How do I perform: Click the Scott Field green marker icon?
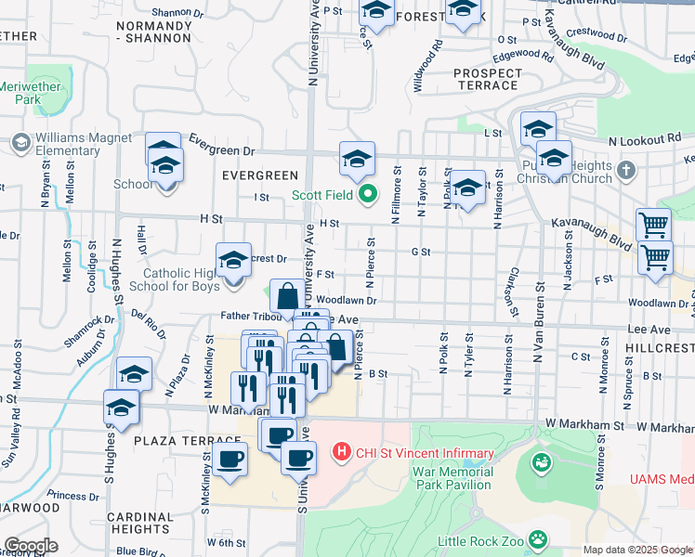(x=368, y=195)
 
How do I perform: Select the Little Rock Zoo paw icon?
(x=537, y=538)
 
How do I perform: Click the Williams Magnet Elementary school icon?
(x=20, y=143)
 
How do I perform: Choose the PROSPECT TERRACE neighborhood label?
(x=487, y=79)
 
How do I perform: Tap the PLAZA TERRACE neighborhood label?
(x=177, y=440)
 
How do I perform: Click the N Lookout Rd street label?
(x=645, y=138)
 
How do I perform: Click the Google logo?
(x=31, y=546)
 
